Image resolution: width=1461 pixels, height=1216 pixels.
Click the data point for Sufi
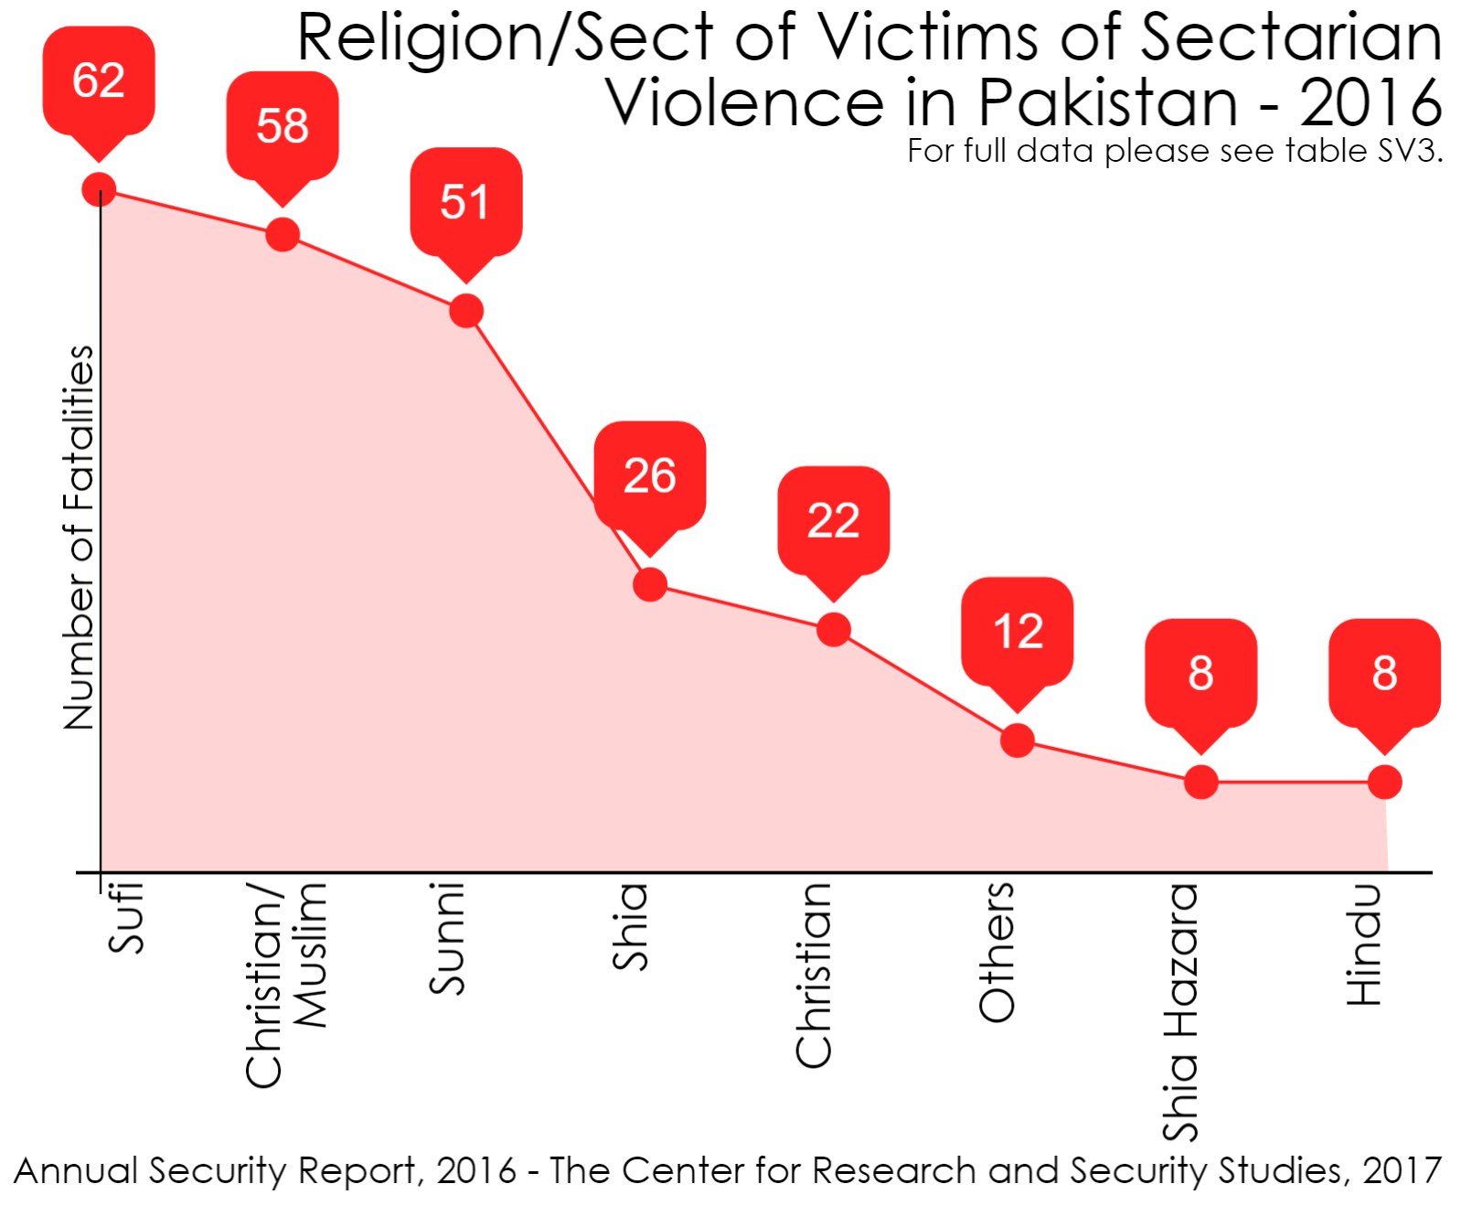click(99, 190)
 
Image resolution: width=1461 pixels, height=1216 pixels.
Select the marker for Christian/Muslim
click(283, 234)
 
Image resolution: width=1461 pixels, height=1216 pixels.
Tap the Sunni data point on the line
click(466, 311)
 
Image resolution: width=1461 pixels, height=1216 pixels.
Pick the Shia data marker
click(650, 584)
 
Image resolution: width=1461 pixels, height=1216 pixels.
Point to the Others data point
click(1018, 741)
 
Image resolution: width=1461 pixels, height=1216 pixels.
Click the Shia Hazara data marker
click(1201, 783)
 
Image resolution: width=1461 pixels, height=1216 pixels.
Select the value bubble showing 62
click(99, 81)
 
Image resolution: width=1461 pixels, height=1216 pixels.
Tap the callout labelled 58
click(283, 126)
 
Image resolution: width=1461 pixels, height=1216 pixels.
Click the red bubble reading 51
click(466, 202)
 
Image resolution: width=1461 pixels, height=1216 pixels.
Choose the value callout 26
click(650, 475)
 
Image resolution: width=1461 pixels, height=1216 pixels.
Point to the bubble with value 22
click(834, 521)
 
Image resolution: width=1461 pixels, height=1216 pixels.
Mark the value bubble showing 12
click(1018, 632)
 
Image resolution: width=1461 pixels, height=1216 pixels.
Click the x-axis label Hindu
click(1363, 945)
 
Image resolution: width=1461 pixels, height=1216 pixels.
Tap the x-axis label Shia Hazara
click(1180, 1012)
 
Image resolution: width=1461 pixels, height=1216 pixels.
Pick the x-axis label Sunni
click(447, 938)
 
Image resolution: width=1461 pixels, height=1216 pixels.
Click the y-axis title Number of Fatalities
click(80, 538)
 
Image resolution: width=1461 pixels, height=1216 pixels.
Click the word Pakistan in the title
click(1107, 102)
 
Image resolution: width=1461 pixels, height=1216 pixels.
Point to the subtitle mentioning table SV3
click(1174, 151)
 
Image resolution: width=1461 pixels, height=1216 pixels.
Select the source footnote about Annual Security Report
click(727, 1171)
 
